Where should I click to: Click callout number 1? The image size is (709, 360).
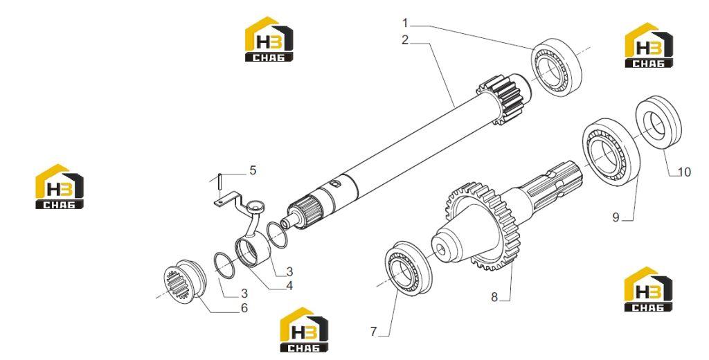[x=406, y=23]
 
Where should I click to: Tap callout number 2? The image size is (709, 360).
[x=405, y=40]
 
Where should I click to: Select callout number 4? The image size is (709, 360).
[x=289, y=286]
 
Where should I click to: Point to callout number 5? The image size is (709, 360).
[x=253, y=170]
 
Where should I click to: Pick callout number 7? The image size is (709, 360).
[x=373, y=332]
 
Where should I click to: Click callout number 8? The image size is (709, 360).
[x=494, y=297]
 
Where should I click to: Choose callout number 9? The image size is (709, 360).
[x=616, y=217]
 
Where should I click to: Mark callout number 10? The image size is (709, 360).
[x=685, y=172]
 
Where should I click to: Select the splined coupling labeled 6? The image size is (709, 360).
[x=185, y=281]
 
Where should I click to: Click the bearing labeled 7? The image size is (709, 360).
[x=409, y=264]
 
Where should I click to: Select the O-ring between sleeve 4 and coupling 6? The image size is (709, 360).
[x=224, y=265]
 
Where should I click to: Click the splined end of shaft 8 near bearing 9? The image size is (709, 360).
[x=557, y=183]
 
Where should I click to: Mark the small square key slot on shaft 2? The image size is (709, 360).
[x=336, y=183]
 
